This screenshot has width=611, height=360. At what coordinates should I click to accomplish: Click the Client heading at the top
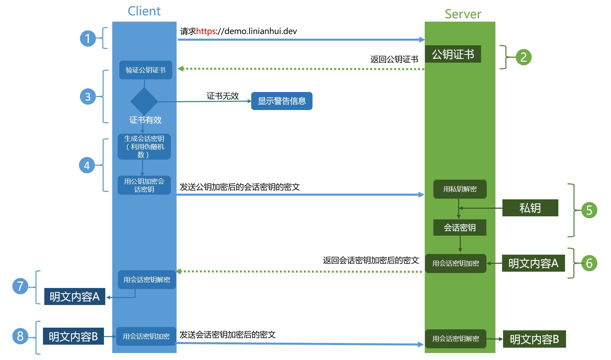(x=144, y=11)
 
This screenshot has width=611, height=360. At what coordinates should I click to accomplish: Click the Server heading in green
(x=463, y=14)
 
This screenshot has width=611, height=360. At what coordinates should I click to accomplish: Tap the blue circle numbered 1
(x=88, y=38)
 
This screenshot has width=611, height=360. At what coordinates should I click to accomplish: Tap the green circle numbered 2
(x=523, y=57)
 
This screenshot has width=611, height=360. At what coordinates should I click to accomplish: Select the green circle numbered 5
(x=589, y=210)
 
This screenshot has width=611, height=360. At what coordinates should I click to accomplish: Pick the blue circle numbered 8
(x=20, y=336)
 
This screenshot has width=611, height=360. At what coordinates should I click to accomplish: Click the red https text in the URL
(x=206, y=31)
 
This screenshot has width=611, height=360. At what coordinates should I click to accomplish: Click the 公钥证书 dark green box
(x=453, y=54)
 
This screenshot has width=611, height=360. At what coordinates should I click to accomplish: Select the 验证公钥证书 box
(x=146, y=70)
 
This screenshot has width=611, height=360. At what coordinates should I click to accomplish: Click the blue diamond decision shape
(x=144, y=102)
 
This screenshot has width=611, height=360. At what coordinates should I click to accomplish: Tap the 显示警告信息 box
(x=282, y=101)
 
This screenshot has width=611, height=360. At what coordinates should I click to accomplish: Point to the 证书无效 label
(x=223, y=96)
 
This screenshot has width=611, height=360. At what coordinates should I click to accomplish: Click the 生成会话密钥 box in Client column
(x=144, y=147)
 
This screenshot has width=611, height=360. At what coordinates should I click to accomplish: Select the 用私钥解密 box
(x=460, y=189)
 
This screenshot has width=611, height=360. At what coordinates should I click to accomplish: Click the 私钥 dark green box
(x=530, y=208)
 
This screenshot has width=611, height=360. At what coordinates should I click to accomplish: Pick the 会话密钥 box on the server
(x=460, y=228)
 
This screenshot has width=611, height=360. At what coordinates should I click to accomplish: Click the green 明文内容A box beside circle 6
(x=533, y=263)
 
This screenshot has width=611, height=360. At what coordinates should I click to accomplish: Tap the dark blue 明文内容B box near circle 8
(x=73, y=336)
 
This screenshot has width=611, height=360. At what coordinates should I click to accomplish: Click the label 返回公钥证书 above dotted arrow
(x=394, y=59)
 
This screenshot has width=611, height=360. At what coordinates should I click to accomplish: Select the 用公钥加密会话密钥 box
(x=144, y=185)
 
